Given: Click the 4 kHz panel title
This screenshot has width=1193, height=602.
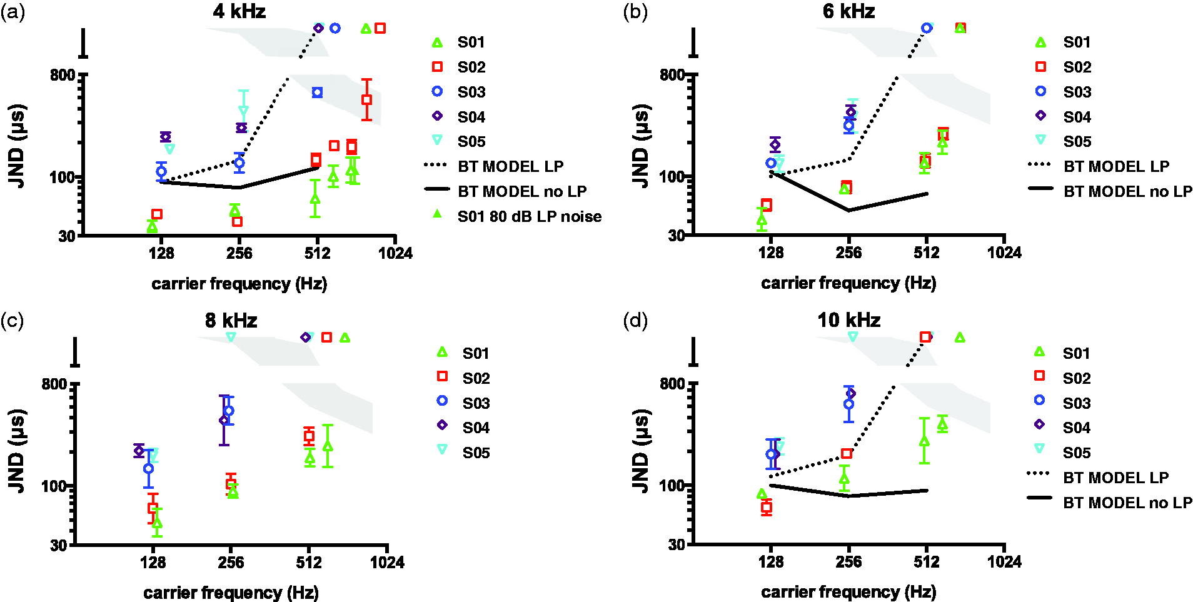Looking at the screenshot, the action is pos(239,11).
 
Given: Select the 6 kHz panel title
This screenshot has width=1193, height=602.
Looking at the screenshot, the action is pos(848,11).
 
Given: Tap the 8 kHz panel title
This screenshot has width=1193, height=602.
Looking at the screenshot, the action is pos(231,320).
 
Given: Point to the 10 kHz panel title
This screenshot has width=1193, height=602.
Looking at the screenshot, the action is pos(848,320).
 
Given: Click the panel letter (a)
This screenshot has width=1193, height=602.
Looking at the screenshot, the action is pos(13,12).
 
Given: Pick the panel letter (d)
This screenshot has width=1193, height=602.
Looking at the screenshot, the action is pos(635,321).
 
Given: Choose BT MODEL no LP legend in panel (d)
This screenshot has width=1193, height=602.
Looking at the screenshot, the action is pos(1110,503).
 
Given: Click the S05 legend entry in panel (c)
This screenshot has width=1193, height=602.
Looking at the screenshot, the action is pos(463,453).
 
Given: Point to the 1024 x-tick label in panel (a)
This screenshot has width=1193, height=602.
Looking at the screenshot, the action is pos(395,253).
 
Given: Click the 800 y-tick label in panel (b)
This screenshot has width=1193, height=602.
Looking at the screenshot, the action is pos(672,75).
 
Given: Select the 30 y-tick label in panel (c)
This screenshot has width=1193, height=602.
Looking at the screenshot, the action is pos(58,545).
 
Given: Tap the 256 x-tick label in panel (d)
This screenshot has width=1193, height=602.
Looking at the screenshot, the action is pos(848,562).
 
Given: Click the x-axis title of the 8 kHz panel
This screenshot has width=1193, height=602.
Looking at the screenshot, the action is pos(231,592).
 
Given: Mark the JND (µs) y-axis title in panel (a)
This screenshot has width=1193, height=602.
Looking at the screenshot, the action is pos(17,146).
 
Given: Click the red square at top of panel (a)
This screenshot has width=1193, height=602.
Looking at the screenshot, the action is pos(380,28).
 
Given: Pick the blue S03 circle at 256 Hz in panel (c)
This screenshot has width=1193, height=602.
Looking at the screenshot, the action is pos(229,411).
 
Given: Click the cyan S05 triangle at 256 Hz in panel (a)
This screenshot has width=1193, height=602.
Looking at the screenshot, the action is pos(243,111).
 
